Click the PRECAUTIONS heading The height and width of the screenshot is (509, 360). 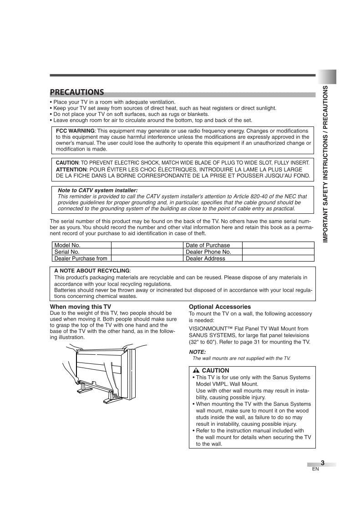point(77,92)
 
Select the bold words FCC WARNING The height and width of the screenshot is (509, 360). point(75,131)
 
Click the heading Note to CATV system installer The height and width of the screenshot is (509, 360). point(97,191)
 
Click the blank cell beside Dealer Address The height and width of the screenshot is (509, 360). point(278,258)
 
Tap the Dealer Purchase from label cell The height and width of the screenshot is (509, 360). point(81,258)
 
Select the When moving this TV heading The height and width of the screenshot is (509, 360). point(80,307)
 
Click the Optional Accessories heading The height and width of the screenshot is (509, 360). point(220,307)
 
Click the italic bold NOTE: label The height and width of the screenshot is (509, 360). point(197,352)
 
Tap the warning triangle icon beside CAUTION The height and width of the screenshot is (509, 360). point(196,371)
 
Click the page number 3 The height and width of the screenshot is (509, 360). point(322,463)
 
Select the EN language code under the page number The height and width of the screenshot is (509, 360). point(315,469)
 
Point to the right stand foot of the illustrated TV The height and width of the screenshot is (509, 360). point(111,400)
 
